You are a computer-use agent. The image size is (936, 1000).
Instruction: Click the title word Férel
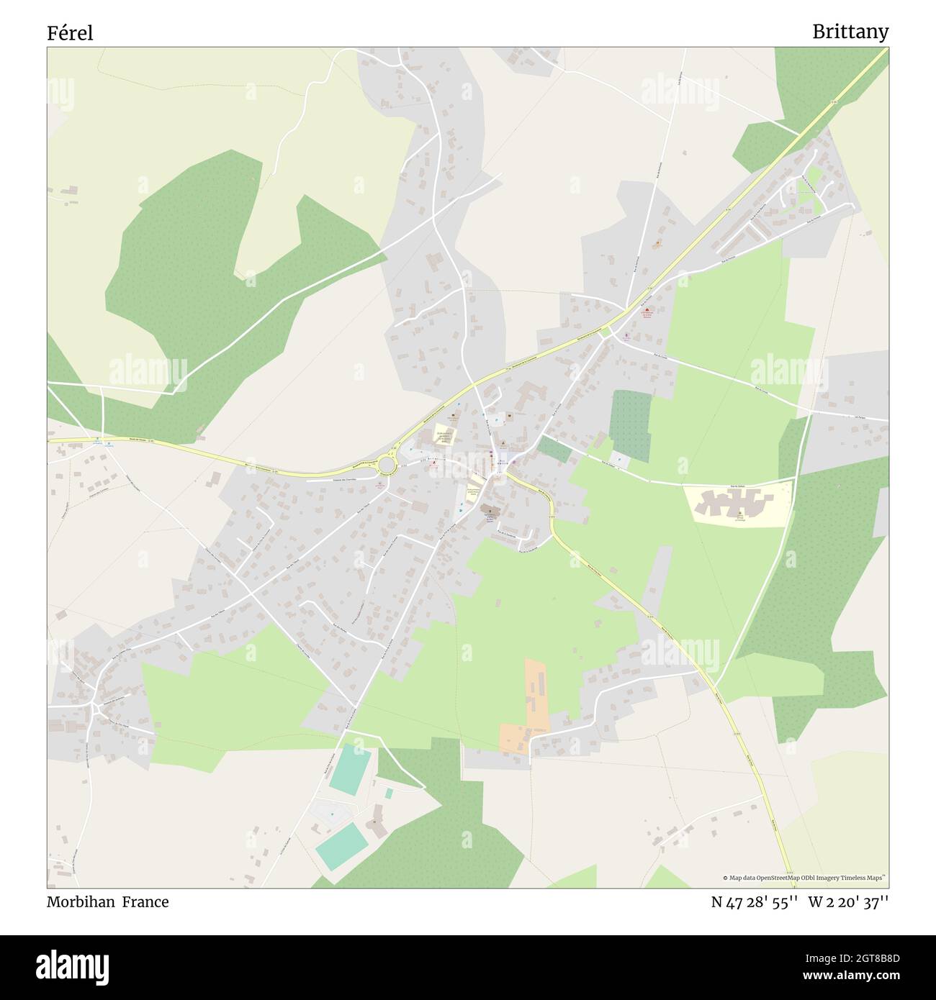point(70,33)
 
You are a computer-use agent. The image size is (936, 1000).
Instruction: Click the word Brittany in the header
point(850,32)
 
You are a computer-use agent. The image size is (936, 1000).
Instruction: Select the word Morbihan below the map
point(80,902)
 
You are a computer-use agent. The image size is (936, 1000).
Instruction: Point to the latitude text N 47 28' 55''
point(754,902)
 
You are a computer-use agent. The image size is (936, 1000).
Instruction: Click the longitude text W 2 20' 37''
point(848,902)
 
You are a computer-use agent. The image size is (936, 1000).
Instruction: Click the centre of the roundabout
point(387,465)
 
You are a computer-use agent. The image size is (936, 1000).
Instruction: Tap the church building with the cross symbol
point(492,510)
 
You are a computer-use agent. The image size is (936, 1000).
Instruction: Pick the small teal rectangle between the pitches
point(389,794)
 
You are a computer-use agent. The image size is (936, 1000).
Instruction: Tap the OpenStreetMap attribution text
point(805,878)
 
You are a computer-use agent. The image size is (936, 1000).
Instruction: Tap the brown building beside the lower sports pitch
point(376,828)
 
